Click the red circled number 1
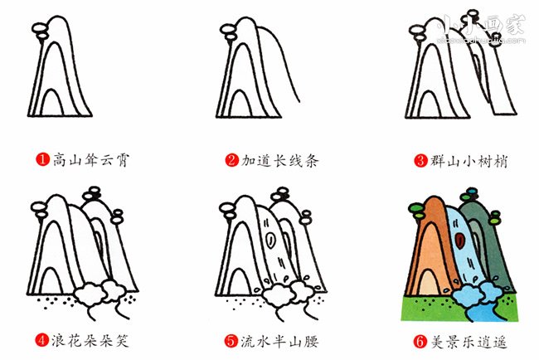tap(43, 159)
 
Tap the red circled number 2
tap(232, 160)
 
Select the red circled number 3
tap(420, 160)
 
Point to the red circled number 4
tap(42, 340)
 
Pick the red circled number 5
tap(231, 341)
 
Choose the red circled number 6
tap(420, 342)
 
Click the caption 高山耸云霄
tap(91, 159)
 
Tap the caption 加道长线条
tap(280, 160)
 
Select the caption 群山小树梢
tap(469, 161)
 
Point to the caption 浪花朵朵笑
tap(90, 340)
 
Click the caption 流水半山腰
tap(279, 341)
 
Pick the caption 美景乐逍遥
tap(469, 342)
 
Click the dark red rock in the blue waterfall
tap(459, 241)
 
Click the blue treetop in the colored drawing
tap(473, 190)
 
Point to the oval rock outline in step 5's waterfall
tap(271, 240)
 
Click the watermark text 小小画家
tap(481, 26)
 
